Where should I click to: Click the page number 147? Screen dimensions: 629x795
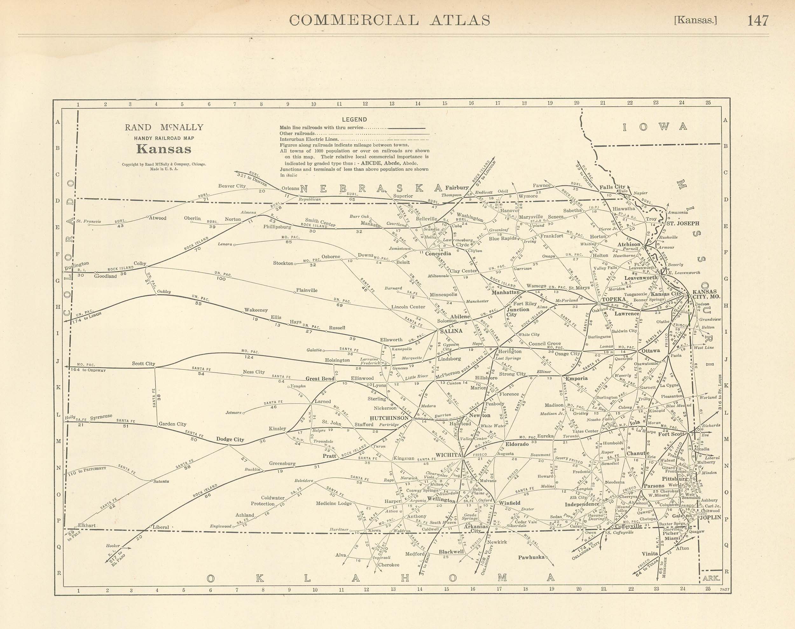(757, 20)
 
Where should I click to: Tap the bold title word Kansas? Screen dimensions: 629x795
(164, 149)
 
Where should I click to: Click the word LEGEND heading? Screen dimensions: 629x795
(354, 119)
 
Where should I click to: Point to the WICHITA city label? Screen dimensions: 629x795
(448, 455)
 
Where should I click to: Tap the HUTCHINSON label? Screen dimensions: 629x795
(389, 418)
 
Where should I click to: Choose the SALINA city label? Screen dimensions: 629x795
(452, 331)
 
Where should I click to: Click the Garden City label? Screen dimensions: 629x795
(172, 424)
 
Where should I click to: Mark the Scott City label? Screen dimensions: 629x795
(144, 363)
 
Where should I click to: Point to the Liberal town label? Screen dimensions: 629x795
(161, 527)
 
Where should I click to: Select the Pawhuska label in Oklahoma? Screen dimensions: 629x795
(531, 557)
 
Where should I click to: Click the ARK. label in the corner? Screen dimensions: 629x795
(711, 578)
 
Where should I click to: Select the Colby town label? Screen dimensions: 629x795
(140, 263)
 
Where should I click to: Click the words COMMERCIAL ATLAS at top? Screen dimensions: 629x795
(390, 20)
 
